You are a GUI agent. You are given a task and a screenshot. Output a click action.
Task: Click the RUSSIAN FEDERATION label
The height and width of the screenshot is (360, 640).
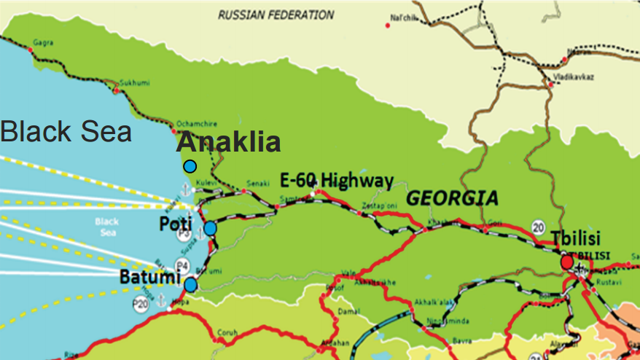pyautogui.click(x=276, y=15)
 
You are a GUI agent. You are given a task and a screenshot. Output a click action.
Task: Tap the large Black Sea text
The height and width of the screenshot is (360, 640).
pyautogui.click(x=66, y=131)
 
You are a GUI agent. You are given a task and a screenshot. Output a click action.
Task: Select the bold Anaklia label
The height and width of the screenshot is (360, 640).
pyautogui.click(x=228, y=142)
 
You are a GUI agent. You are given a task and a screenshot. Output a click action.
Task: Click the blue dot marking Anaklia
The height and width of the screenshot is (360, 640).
pyautogui.click(x=190, y=166)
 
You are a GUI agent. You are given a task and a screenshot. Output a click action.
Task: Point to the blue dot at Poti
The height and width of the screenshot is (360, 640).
pyautogui.click(x=210, y=228)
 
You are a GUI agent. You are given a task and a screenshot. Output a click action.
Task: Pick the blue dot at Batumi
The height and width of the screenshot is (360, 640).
pyautogui.click(x=191, y=284)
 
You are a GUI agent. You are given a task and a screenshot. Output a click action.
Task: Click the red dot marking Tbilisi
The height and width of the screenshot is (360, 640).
pyautogui.click(x=567, y=262)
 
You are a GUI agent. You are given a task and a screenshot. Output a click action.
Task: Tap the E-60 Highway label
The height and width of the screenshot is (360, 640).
pyautogui.click(x=337, y=180)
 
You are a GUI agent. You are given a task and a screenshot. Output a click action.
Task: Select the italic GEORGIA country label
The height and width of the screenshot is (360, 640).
pyautogui.click(x=452, y=197)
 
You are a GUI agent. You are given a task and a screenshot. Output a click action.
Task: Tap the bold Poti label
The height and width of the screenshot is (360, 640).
pyautogui.click(x=176, y=225)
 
